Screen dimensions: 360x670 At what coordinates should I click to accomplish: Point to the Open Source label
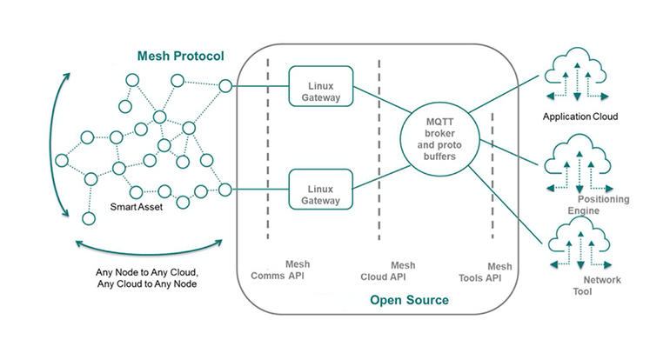tap(409, 300)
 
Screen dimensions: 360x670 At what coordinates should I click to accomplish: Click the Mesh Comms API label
tap(280, 271)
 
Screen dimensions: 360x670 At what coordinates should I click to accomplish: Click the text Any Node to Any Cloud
tap(147, 272)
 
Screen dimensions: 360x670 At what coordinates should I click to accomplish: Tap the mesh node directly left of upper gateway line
tap(225, 86)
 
